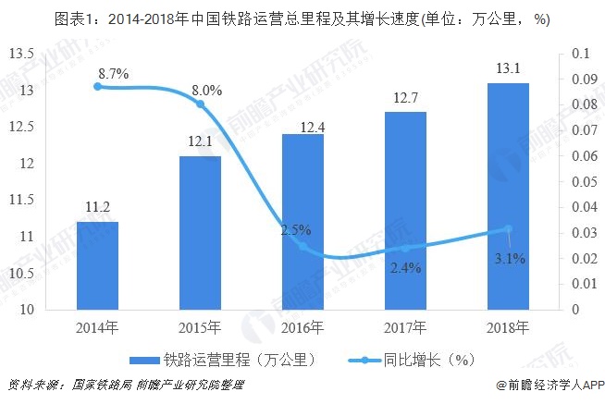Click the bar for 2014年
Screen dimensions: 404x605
[97, 265]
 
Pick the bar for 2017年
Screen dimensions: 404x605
[406, 211]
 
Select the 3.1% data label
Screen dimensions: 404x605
[509, 259]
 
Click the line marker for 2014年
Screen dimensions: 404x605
[97, 86]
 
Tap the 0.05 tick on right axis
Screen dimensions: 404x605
[585, 181]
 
